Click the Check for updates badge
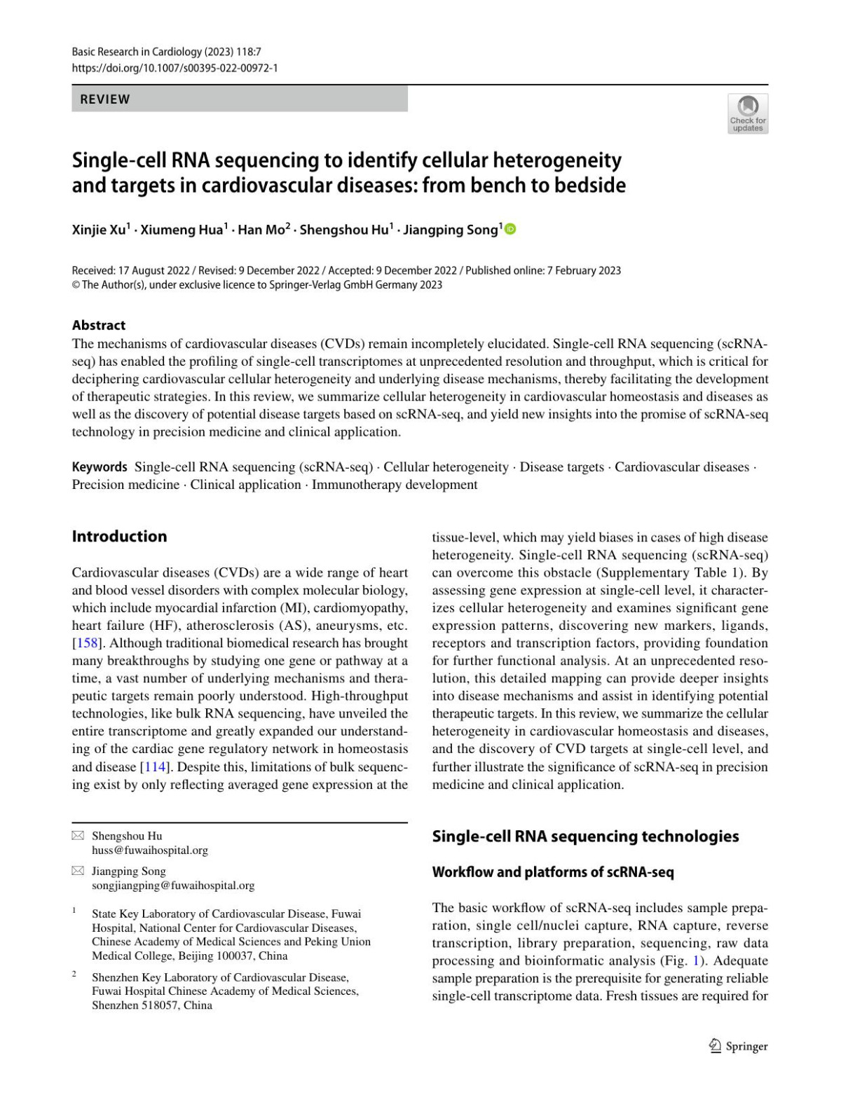click(748, 113)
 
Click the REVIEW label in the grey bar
click(105, 99)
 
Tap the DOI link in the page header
click(175, 68)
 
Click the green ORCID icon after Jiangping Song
click(510, 229)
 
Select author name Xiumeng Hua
click(182, 230)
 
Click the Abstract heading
click(99, 325)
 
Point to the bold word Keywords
click(100, 467)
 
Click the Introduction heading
click(119, 537)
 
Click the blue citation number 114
click(156, 766)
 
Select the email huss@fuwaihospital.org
click(150, 850)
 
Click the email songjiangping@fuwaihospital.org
click(173, 886)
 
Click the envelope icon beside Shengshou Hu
click(78, 836)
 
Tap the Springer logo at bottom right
click(739, 1046)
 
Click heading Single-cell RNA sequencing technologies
click(585, 836)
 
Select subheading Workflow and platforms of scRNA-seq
click(553, 872)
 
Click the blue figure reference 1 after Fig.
click(696, 960)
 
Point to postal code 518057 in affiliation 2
click(162, 1005)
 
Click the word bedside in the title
click(591, 186)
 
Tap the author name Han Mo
click(261, 230)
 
